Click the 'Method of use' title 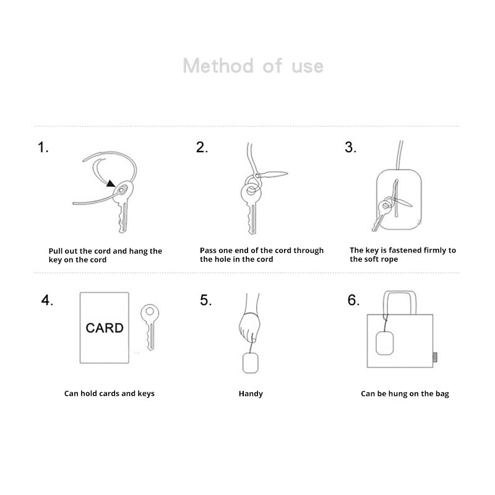pos(253,66)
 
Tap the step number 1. pos(43,148)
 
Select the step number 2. pos(202,148)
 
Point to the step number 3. pos(350,148)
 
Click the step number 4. pos(47,301)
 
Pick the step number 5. pos(205,301)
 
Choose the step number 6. pos(353,301)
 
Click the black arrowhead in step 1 pos(111,183)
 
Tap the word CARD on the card pos(105,328)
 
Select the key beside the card pos(149,325)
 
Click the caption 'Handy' pos(251,394)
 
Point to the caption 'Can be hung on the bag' pos(405,394)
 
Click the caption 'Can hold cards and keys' pos(110,394)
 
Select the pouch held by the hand pos(250,364)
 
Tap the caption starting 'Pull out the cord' pos(105,256)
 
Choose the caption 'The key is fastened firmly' pos(402,254)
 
